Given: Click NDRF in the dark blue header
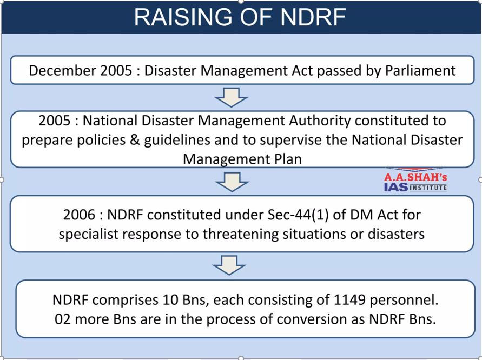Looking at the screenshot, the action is (x=313, y=17).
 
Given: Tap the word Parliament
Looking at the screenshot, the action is (x=420, y=70).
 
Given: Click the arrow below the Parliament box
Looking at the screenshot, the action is (x=231, y=97).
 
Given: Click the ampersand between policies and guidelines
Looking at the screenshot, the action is (x=135, y=140).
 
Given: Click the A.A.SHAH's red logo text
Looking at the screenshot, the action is (x=415, y=177).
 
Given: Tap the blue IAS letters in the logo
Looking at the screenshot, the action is (x=396, y=187).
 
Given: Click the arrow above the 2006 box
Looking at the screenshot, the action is (x=232, y=182).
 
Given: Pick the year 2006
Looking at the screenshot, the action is (x=79, y=215).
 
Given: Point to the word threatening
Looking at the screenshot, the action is (x=240, y=234).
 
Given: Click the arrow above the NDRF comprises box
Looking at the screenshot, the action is (x=229, y=265).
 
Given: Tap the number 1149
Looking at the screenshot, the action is (x=349, y=300).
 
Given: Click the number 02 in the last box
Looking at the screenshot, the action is (x=63, y=319).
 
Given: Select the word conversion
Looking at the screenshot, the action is (x=319, y=319).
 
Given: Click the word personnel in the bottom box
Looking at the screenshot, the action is (x=404, y=300).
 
